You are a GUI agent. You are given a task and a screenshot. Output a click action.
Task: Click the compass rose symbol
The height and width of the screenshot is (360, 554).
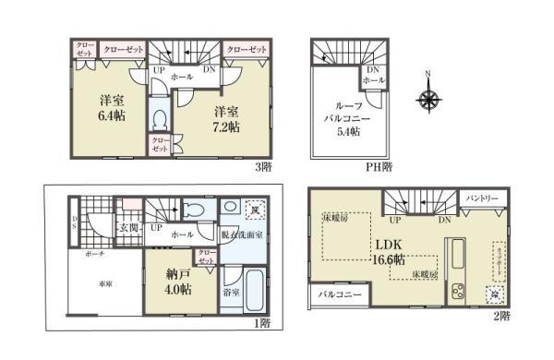[428, 96]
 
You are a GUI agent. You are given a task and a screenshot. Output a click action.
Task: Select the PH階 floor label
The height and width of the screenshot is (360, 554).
[379, 166]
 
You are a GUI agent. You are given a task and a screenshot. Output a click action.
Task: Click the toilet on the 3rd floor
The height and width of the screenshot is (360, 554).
[159, 120]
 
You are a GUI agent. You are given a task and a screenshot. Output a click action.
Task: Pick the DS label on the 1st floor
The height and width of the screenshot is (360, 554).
[76, 222]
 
